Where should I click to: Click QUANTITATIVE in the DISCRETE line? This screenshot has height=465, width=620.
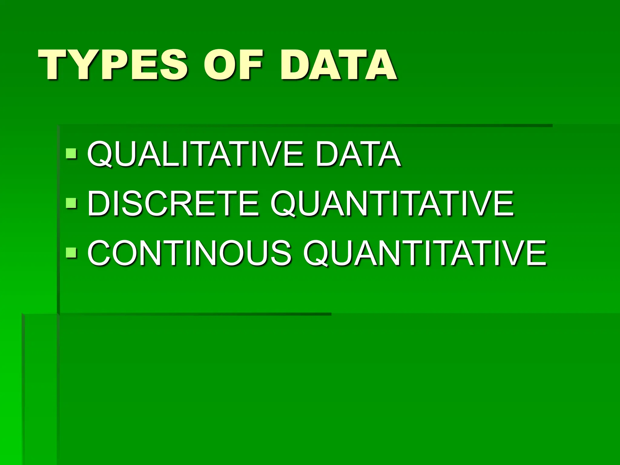[x=392, y=203]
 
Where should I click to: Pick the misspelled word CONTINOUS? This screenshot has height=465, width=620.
[x=190, y=253]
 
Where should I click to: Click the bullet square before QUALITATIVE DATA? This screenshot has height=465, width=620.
[x=71, y=154]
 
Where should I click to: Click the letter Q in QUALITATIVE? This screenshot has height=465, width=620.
[x=100, y=154]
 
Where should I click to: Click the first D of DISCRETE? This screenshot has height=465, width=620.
[x=99, y=203]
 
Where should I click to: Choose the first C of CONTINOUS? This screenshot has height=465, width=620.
[x=100, y=253]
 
